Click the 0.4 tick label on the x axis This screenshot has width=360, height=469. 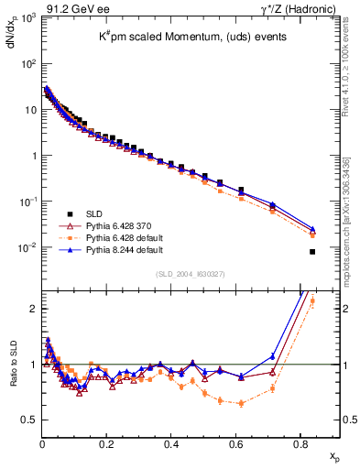point(171,442)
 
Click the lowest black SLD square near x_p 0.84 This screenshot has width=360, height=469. point(312,252)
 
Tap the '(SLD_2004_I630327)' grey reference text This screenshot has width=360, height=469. point(187,274)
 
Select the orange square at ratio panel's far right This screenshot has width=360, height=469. point(312,300)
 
